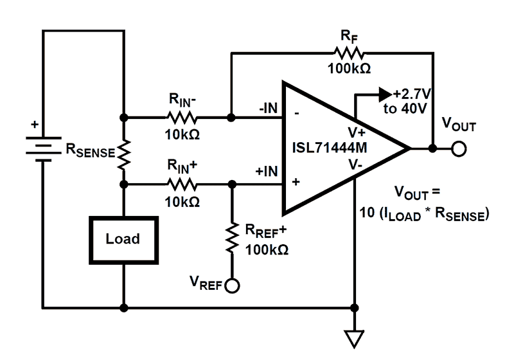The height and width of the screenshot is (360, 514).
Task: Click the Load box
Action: tap(122, 239)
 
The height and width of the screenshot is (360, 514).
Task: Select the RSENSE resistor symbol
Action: tap(123, 152)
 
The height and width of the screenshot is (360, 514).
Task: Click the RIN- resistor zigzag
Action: tap(182, 118)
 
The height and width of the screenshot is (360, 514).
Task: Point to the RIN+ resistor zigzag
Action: tap(182, 184)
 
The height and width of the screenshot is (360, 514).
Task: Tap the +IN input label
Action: tap(267, 172)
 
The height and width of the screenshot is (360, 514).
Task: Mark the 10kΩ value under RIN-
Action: tap(182, 134)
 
